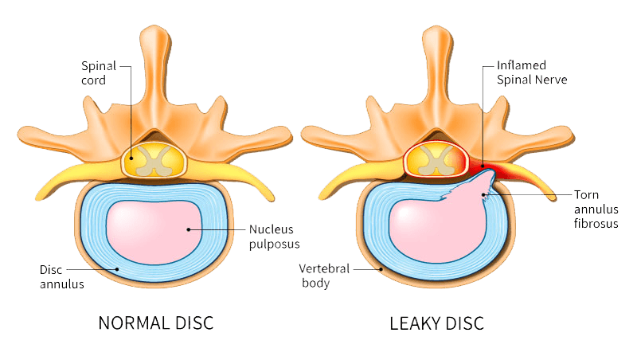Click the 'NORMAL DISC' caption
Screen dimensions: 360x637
point(155,323)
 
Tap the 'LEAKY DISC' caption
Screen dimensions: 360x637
point(436,323)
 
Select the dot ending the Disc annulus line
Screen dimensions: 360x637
point(118,269)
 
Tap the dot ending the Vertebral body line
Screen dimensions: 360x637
point(382,270)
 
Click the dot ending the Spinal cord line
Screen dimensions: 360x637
point(130,158)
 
